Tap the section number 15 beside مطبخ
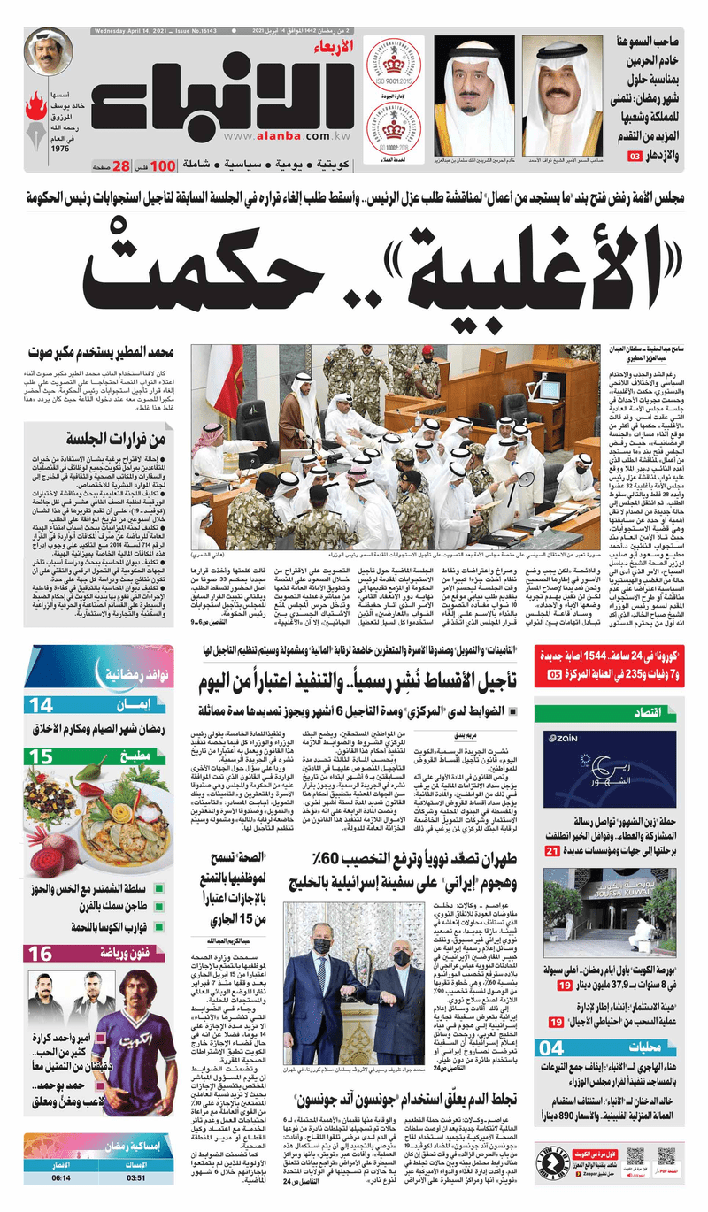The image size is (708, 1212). pos(42,757)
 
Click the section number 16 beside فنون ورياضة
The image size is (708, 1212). pos(42,953)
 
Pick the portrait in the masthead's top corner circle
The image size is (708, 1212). pos(48,52)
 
